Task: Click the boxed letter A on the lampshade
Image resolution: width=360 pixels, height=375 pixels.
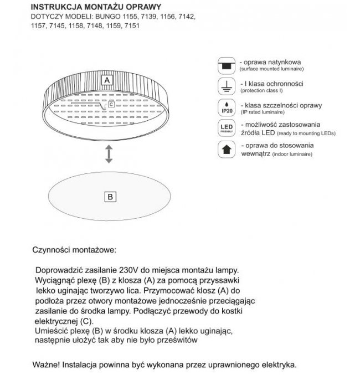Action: [x=105, y=80]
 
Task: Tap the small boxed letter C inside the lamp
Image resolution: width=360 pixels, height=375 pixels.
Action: [x=111, y=104]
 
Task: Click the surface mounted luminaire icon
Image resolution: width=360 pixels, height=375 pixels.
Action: [x=225, y=65]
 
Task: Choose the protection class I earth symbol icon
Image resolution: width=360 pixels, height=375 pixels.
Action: [x=225, y=85]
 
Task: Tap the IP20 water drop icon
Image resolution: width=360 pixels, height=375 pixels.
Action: [x=225, y=107]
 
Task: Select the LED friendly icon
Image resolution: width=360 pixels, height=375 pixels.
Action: [x=225, y=129]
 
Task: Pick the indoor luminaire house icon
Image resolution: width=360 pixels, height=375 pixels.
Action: [x=225, y=149]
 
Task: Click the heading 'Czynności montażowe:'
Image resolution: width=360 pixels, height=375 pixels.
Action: [x=75, y=250]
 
